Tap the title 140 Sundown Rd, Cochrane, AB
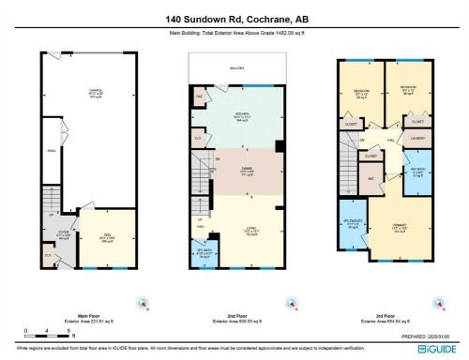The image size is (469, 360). tap(234, 18)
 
